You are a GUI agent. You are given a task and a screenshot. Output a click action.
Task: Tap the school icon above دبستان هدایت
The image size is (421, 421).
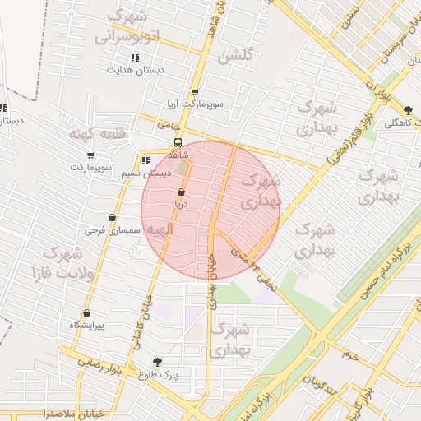point(135,58)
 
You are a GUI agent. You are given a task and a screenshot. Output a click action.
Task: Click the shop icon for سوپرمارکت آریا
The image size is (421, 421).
point(195,92)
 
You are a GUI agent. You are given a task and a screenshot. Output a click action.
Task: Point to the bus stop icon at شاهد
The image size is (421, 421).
point(178,141)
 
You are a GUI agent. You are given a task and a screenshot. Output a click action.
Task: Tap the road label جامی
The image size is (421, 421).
point(169,125)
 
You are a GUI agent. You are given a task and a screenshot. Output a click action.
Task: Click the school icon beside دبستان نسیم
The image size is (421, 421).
point(146,161)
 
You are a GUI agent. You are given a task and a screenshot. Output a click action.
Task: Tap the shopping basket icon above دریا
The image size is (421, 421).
point(181,191)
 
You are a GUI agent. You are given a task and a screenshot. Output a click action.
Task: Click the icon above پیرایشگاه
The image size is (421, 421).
point(86,312)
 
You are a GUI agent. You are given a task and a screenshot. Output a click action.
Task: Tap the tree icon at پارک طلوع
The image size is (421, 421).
point(157,361)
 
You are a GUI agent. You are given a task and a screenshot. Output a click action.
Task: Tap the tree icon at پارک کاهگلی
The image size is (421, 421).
point(409,109)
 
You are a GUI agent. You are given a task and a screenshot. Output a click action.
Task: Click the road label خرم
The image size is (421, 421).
point(351,356)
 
